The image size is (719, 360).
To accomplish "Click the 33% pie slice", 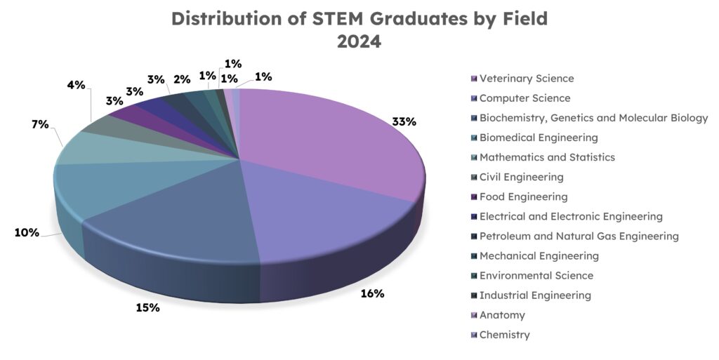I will tap(330, 140).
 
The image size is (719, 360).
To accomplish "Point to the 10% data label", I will tap(27, 232).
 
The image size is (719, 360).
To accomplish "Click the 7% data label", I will tap(40, 125).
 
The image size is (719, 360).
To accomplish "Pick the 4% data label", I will tap(76, 85).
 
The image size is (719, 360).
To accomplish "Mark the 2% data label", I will tap(181, 79).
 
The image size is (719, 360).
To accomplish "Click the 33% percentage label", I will tap(404, 121).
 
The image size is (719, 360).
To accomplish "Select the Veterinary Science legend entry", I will tap(527, 79).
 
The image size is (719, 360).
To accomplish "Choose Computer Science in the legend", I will tap(525, 98).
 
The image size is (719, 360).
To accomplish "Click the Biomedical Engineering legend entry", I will tap(539, 138).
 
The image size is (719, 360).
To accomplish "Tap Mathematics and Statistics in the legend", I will tap(547, 157).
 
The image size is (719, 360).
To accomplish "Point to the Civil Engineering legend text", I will tap(521, 177).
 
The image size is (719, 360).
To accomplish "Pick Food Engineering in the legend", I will tap(523, 196).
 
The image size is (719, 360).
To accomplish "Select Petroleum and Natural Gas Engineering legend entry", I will tap(579, 236).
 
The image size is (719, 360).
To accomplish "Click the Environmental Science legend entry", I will tap(536, 276).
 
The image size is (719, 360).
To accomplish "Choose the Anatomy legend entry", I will tap(502, 315).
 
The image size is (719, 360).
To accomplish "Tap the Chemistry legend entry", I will tap(504, 335).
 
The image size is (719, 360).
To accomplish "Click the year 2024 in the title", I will tap(359, 41).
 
